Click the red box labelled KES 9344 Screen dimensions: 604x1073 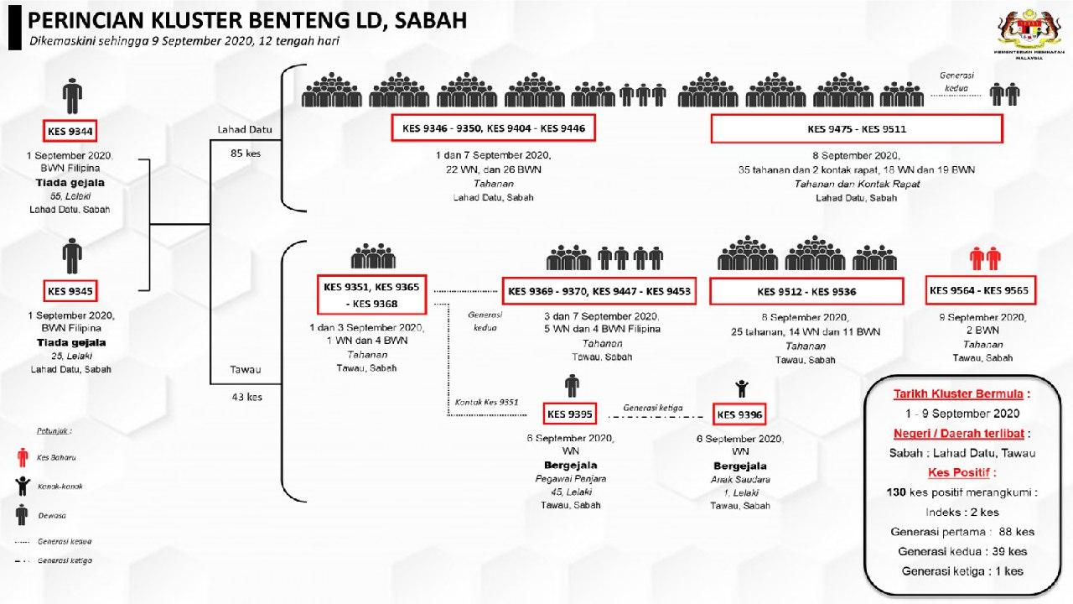point(71,132)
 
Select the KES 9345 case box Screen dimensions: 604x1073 point(70,291)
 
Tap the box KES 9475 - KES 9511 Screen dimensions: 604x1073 point(856,129)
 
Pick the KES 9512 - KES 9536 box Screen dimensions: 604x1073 point(806,292)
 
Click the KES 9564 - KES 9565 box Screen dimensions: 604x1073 point(978,290)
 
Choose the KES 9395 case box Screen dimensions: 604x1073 point(570,414)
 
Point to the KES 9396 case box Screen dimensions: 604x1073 point(739,414)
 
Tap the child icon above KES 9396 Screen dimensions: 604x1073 point(741,388)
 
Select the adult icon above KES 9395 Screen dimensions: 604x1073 point(572,386)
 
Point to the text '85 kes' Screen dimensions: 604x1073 point(246,154)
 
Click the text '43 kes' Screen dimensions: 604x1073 point(246,397)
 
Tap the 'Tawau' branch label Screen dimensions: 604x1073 point(246,368)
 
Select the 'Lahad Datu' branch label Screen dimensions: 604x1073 point(245,129)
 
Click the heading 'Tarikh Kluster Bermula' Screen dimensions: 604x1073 point(961,393)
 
